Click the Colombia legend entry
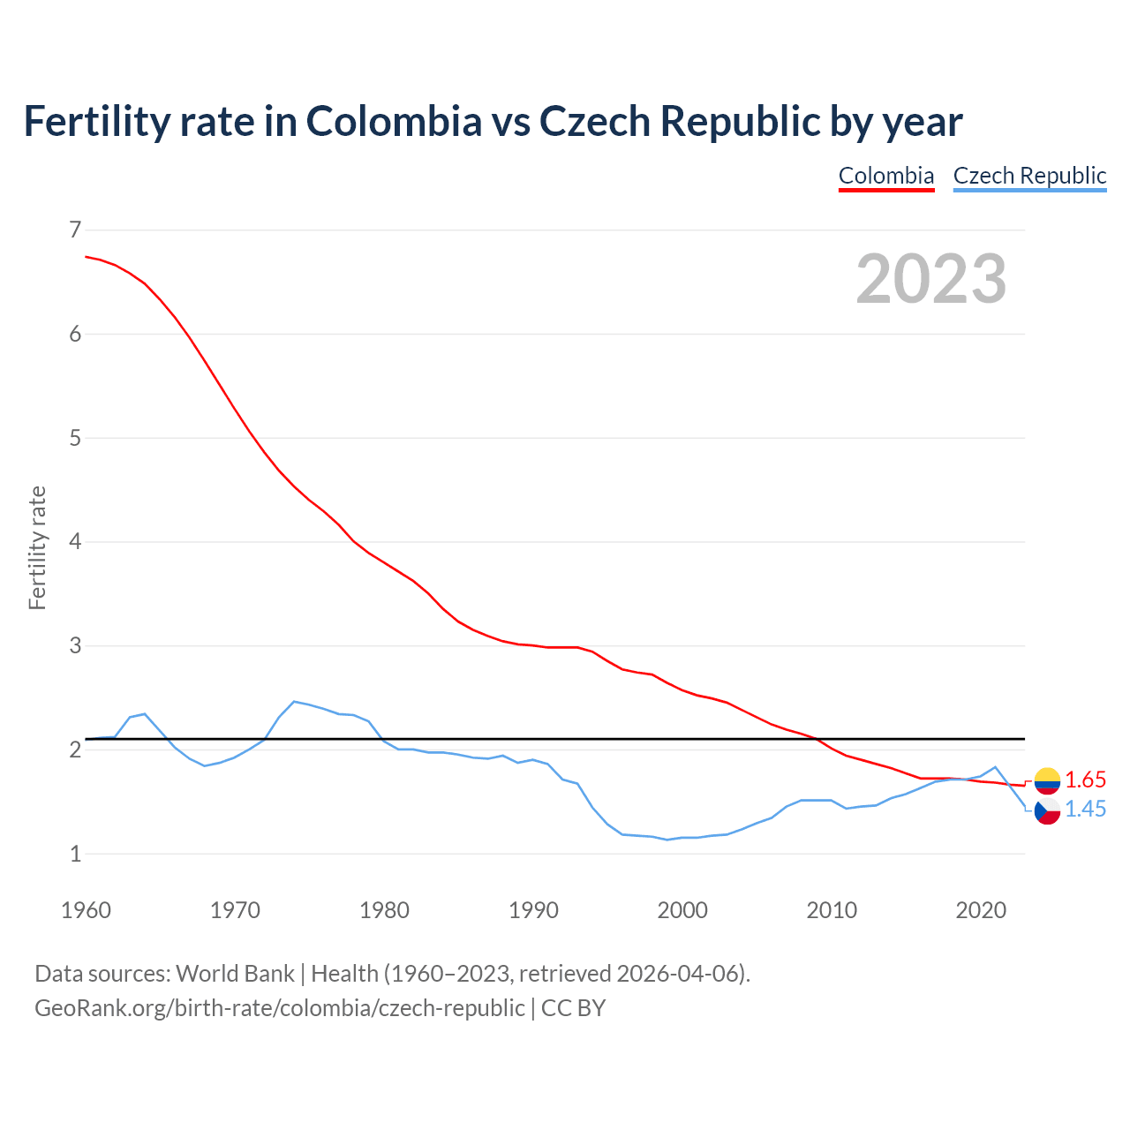pos(885,176)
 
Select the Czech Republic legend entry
pos(1029,176)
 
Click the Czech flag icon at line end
pos(1047,810)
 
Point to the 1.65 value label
pos(1085,780)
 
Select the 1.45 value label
pos(1085,810)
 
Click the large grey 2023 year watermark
pos(930,279)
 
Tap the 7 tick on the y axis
pos(75,230)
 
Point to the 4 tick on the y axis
pos(75,542)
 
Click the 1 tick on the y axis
pos(75,855)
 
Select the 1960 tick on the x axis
pos(86,910)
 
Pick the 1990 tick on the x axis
pos(533,910)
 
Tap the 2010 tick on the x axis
pos(832,910)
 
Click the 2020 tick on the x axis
pos(981,910)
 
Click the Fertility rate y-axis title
pos(37,547)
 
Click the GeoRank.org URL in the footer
pos(279,1008)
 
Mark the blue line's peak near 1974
pos(294,701)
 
